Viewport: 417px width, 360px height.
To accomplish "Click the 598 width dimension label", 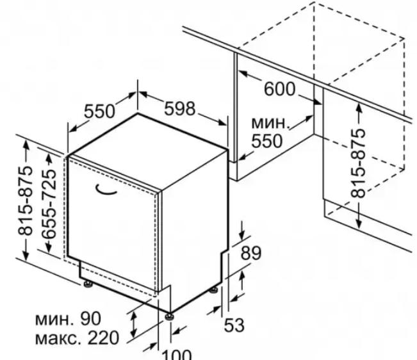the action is [180, 108].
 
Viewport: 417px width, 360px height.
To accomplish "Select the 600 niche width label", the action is [279, 89].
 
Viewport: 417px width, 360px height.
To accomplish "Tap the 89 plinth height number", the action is [251, 253].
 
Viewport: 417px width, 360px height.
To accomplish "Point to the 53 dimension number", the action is [234, 325].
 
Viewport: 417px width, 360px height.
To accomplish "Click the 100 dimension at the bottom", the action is [177, 355].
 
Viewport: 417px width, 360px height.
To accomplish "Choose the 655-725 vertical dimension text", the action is [49, 204].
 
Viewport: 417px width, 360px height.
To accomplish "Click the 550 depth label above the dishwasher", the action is [100, 111].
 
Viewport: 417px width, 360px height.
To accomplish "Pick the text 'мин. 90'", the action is [68, 318].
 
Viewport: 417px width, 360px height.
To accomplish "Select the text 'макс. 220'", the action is [77, 338].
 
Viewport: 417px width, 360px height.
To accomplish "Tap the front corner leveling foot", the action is [169, 316].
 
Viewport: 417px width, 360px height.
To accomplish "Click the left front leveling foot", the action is [88, 284].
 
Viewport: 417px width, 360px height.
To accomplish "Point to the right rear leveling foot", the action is [213, 290].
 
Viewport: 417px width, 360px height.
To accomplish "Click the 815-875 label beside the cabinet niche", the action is [358, 163].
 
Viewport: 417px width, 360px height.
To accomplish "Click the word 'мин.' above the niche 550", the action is [270, 123].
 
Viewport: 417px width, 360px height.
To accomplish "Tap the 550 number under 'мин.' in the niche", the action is [266, 141].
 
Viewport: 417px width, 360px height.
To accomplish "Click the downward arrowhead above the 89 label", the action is [242, 235].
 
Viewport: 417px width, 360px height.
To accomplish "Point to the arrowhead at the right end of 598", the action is [223, 122].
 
